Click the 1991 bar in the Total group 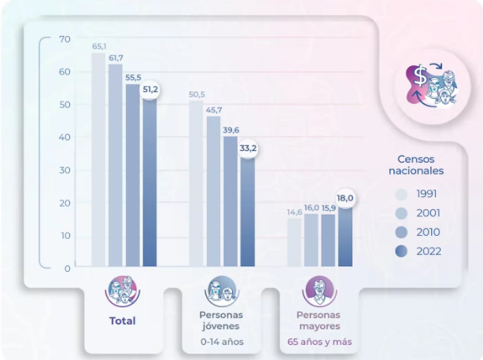tap(98, 160)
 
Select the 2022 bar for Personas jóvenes tap(248, 212)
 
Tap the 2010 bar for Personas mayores tap(328, 241)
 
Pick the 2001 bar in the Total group tap(116, 165)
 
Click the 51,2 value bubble tap(150, 90)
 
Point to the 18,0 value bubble tap(345, 198)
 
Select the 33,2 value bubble tap(248, 149)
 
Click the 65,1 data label tap(99, 46)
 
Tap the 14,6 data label tap(294, 212)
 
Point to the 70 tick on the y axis tap(65, 39)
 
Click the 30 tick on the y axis tap(65, 170)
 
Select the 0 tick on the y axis tap(68, 269)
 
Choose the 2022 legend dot tap(401, 252)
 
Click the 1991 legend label tap(426, 194)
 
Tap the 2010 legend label tap(428, 232)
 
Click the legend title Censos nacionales tap(416, 165)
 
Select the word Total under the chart tap(122, 321)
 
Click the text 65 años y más tap(319, 342)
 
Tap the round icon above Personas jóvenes tap(222, 292)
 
